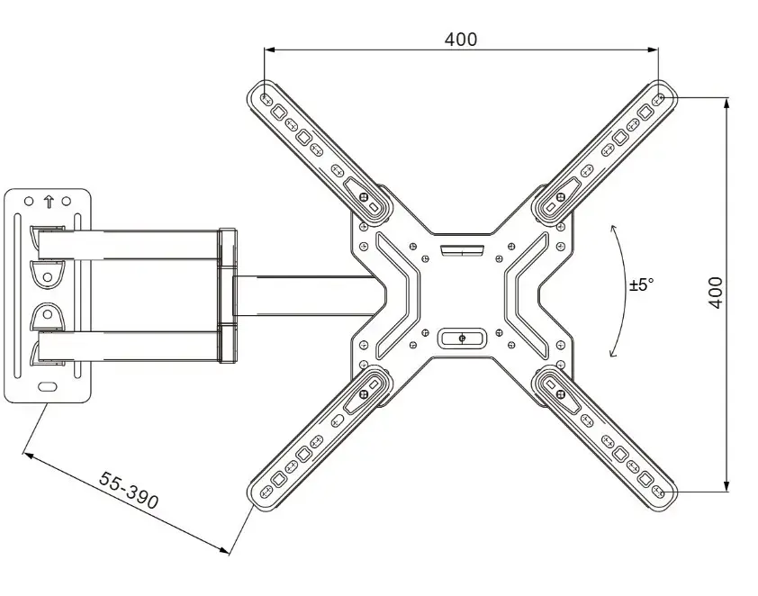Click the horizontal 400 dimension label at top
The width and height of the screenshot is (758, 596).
461,39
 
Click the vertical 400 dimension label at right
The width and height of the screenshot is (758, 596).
716,293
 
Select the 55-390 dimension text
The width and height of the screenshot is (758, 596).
129,490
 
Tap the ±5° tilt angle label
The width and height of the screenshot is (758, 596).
642,284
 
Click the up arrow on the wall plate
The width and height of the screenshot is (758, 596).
49,202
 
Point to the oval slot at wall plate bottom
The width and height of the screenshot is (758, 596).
48,387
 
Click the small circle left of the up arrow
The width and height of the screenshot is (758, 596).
29,201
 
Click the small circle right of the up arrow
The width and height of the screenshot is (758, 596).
67,201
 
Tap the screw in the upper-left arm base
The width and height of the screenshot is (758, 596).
364,197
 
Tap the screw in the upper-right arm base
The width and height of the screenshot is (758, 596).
561,197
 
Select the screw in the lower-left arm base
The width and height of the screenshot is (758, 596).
364,394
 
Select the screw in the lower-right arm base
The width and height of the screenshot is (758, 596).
561,394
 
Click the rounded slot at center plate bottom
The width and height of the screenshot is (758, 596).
462,338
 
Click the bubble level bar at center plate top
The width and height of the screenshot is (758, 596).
462,250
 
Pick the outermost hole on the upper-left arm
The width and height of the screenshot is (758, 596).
266,99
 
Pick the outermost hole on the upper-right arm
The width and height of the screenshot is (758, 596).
658,100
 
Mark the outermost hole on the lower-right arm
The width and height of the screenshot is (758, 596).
658,491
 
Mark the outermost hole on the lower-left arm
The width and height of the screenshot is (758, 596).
266,492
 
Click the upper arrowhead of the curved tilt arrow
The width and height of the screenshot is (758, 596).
613,229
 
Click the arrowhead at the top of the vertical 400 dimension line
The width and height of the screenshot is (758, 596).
726,103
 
